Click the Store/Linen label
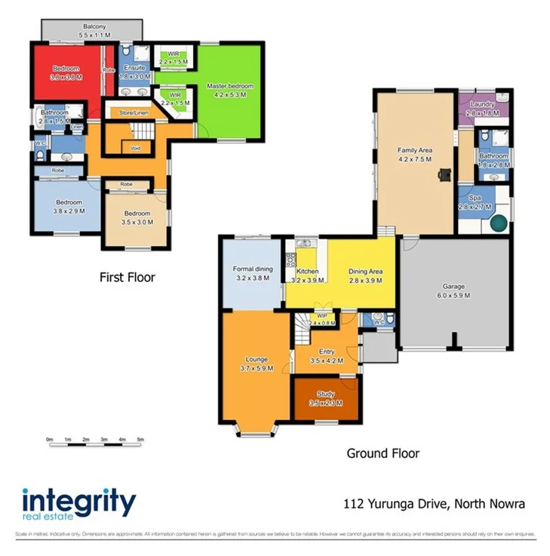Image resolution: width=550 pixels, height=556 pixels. tap(134, 113)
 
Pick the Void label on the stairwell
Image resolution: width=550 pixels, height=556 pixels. tap(136, 148)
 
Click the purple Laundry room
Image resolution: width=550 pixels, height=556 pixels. tap(483, 108)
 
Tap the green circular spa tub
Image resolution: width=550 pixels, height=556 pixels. tap(499, 223)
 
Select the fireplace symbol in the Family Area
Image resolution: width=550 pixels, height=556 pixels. tap(445, 176)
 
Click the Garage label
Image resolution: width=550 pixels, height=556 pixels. tap(453, 290)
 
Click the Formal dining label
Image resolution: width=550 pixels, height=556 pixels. tap(251, 273)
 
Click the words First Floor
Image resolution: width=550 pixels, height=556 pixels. tap(127, 278)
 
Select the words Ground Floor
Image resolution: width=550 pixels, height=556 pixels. tap(383, 453)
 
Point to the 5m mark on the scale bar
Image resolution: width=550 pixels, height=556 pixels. tap(140, 439)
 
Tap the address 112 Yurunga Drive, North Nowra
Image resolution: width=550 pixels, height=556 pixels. tap(434, 503)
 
